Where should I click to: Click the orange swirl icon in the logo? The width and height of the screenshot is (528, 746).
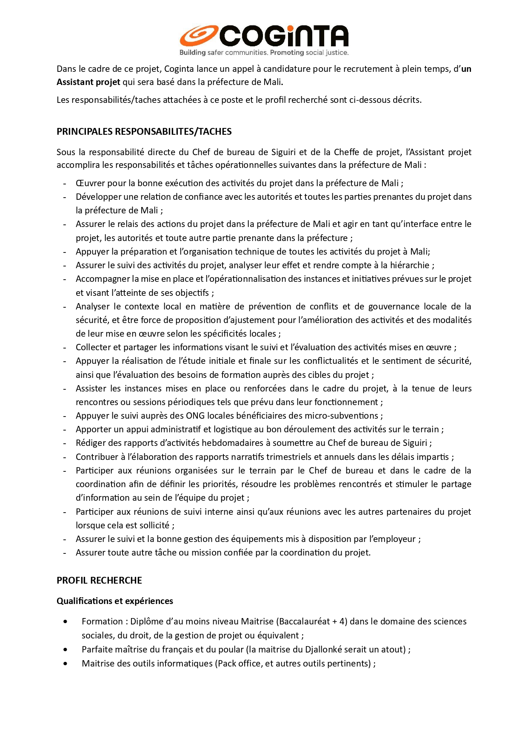(198, 36)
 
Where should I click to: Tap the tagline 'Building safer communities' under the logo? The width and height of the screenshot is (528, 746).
(223, 53)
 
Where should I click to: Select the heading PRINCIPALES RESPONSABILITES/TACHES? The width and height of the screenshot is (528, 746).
(144, 131)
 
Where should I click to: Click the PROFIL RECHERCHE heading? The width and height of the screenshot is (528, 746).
(99, 580)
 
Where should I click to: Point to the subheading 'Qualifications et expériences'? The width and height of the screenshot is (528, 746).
(115, 601)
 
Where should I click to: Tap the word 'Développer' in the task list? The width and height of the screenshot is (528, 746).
(98, 197)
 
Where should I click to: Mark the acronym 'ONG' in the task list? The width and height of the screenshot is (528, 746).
(196, 416)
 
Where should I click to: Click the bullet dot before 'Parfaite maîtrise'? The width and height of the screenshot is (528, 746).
(65, 650)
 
